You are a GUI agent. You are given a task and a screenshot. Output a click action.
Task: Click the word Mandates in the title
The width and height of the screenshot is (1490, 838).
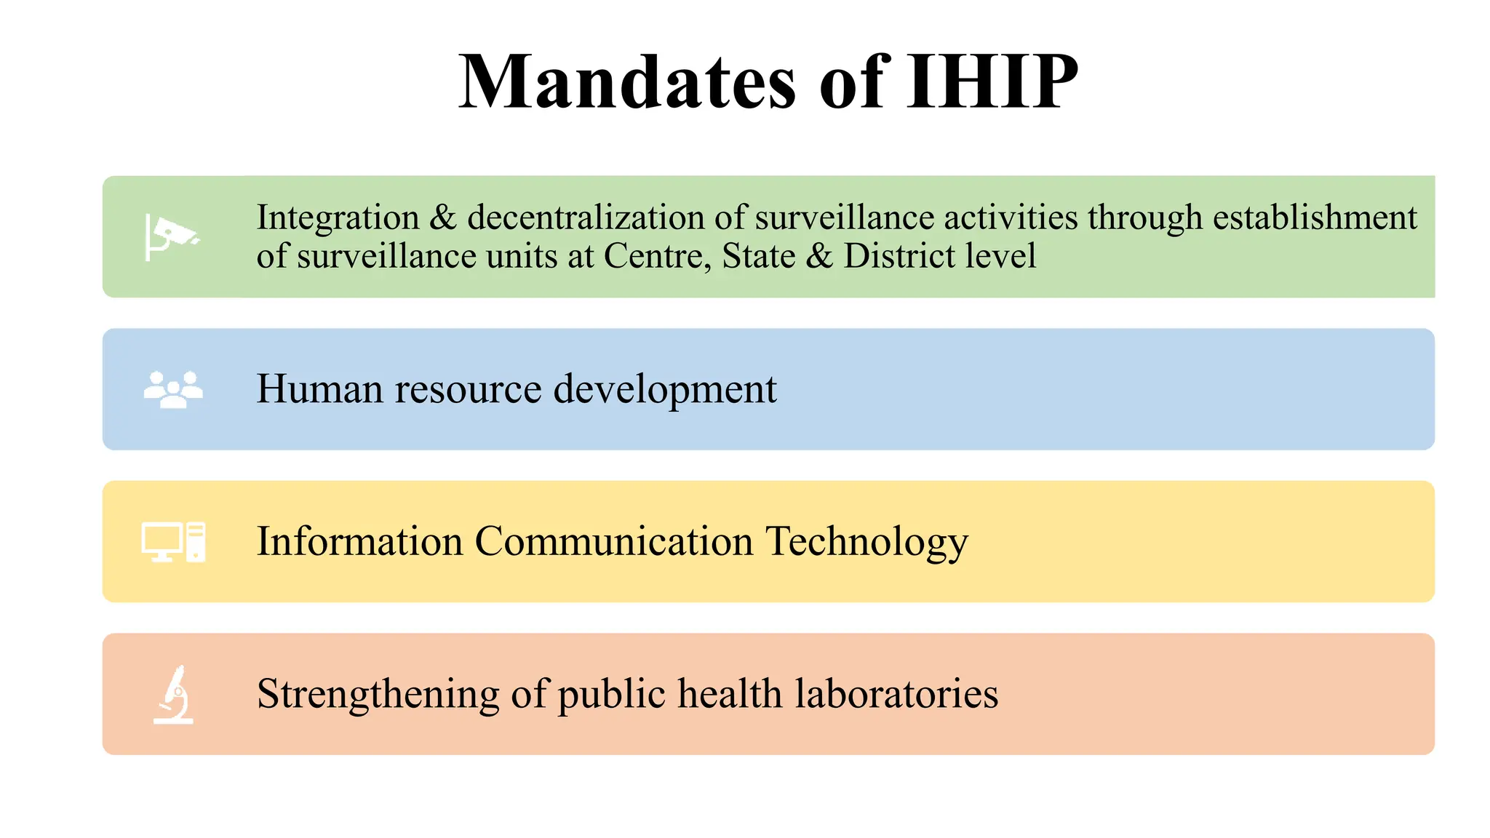pos(627,82)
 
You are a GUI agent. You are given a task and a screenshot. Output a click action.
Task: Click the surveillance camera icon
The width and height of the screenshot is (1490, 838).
pos(172,237)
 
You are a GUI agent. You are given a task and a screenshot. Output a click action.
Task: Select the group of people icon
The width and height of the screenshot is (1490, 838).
pos(173,389)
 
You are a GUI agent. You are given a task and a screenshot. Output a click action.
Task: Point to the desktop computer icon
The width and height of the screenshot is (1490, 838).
pos(173,542)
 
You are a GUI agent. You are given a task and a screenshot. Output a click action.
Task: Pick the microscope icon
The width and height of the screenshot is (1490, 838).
pos(174,695)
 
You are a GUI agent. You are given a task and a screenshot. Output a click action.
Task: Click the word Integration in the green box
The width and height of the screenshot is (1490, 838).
pos(338,218)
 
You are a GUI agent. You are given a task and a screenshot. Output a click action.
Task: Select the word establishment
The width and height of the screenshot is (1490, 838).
pos(1315,218)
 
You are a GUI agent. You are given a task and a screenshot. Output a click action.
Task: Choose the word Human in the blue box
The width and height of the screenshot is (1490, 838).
pos(320,389)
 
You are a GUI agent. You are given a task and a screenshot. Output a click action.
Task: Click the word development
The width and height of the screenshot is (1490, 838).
pos(665,389)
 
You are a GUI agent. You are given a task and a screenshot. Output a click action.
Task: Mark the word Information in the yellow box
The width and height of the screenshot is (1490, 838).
pos(360,542)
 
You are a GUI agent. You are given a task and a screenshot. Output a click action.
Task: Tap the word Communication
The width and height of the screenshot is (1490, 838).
pos(614,542)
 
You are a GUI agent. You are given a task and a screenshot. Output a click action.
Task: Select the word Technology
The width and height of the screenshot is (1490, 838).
pos(866,542)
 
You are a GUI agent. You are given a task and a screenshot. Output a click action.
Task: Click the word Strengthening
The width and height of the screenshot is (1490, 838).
pos(378,694)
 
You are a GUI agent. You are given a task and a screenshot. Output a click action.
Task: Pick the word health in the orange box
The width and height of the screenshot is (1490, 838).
pos(730,694)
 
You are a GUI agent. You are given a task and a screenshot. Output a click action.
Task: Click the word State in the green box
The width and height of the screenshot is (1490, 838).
pos(759,256)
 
